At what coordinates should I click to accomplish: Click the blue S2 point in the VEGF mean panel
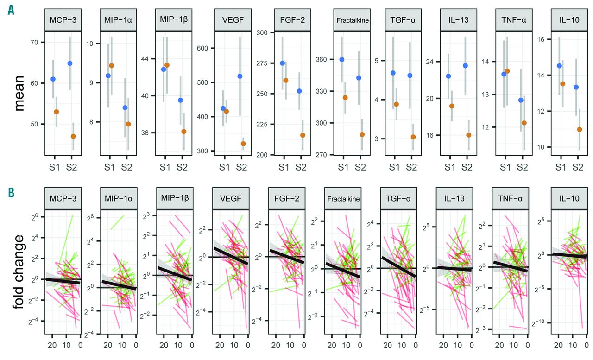coord(240,76)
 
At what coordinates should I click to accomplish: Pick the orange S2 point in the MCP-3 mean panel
coord(73,136)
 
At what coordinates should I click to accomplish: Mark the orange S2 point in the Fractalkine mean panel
coord(362,134)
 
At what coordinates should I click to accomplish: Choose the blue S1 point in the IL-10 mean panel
coord(559,66)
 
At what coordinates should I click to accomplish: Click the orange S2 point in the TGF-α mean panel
coord(413,137)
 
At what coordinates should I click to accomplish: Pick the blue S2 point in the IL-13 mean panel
coord(465,66)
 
